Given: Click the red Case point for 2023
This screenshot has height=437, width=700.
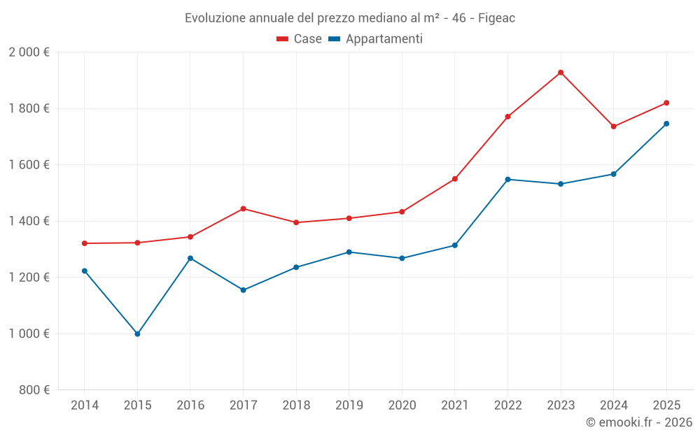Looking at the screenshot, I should (561, 73).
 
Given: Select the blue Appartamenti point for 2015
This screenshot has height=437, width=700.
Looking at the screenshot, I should (137, 334).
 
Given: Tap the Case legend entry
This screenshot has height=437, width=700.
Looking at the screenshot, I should (300, 39).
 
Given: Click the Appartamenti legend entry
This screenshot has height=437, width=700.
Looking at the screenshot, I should (376, 39).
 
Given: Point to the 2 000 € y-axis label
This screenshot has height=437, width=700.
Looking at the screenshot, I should (29, 52).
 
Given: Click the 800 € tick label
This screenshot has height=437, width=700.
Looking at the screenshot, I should (34, 390).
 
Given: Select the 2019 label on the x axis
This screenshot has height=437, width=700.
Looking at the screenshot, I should (349, 406).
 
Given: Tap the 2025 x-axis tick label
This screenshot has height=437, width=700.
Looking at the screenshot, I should (666, 406).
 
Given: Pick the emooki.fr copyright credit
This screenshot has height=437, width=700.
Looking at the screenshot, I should (638, 422).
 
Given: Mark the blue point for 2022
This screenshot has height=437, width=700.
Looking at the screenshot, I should (507, 180).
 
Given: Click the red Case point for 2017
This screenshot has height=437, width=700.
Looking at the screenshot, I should (243, 208).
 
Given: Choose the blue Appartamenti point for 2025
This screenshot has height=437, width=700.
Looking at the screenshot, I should (666, 124).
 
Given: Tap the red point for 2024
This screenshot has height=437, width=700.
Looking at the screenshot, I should (613, 127).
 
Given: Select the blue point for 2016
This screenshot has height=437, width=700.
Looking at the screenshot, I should (190, 258).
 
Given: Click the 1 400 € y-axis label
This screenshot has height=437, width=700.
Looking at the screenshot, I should (29, 221).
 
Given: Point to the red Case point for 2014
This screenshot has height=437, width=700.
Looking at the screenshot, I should (85, 243).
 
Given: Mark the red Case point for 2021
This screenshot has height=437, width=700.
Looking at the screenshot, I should (455, 179).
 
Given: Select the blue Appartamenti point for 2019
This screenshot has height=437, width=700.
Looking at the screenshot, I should (349, 252).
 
